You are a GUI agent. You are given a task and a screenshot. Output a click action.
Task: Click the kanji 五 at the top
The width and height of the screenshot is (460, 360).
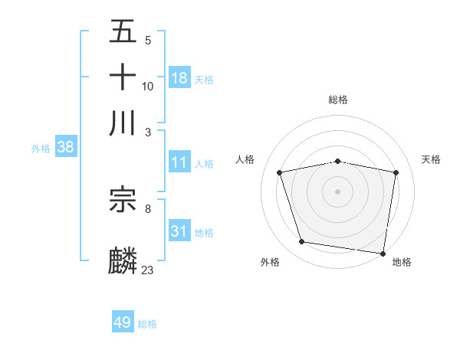pos(123,32)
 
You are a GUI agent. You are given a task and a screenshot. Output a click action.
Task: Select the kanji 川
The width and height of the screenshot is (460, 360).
pos(123,123)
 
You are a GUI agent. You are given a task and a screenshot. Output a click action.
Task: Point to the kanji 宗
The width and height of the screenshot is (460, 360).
pos(123,200)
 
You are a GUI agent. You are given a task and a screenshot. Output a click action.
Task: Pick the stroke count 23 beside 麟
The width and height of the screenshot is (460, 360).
pos(147,270)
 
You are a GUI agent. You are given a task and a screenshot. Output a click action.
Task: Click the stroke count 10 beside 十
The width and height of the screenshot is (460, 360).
pos(147,87)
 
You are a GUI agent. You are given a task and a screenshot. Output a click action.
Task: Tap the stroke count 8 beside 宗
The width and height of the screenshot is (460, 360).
pos(147,208)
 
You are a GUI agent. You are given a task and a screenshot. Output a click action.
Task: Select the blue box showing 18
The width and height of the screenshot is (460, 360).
pos(179,77)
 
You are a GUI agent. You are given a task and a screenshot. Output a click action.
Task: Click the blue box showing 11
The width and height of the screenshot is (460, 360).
pos(179,162)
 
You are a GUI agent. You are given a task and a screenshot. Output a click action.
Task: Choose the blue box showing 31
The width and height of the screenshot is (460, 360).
pos(179,231)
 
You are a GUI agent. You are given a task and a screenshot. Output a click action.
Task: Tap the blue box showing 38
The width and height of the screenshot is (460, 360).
pos(65,147)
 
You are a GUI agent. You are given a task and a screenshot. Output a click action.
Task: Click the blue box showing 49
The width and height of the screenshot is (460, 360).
pos(123,322)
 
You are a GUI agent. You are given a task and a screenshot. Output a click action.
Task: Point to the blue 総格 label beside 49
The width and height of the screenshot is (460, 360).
pos(147,324)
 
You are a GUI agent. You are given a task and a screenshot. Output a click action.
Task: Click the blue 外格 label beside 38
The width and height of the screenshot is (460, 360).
pos(41,149)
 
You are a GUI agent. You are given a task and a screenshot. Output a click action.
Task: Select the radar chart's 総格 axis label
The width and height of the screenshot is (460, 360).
pos(337,100)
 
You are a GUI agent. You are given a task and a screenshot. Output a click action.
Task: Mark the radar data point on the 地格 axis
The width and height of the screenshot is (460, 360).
pos(383,253)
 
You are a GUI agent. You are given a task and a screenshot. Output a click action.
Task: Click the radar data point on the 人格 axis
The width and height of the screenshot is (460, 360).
pos(280,172)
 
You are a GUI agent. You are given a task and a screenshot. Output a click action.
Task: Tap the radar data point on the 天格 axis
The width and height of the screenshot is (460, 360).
pos(396,172)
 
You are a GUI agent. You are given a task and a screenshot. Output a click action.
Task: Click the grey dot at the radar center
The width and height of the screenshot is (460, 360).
pos(337,191)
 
